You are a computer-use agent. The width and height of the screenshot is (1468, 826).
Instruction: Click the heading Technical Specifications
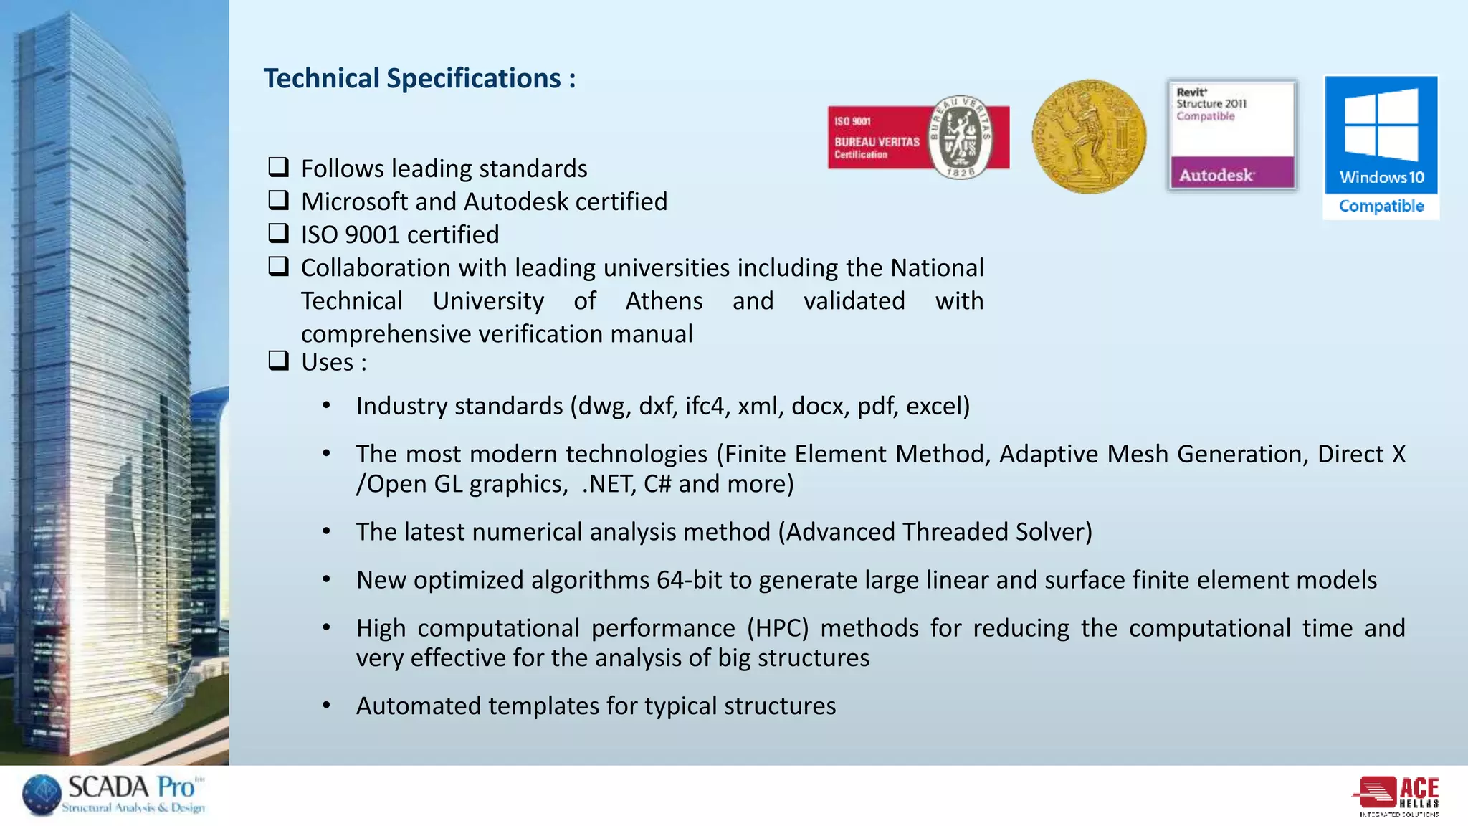pyautogui.click(x=419, y=78)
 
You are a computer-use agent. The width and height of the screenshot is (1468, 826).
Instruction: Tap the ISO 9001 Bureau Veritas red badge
pyautogui.click(x=917, y=138)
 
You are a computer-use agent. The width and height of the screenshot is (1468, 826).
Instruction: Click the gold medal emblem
pyautogui.click(x=1089, y=136)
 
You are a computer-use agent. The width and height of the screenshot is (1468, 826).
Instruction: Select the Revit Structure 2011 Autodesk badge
pyautogui.click(x=1231, y=135)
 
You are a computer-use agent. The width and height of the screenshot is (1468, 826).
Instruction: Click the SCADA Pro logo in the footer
pyautogui.click(x=115, y=794)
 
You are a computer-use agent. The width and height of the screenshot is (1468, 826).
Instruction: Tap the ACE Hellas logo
pyautogui.click(x=1397, y=795)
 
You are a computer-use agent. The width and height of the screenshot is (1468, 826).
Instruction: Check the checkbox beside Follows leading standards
pyautogui.click(x=278, y=167)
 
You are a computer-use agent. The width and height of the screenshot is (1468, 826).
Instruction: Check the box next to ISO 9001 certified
pyautogui.click(x=278, y=233)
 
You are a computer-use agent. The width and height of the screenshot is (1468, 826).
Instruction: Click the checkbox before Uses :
pyautogui.click(x=278, y=360)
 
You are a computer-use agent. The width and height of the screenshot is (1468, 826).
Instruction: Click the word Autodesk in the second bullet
pyautogui.click(x=515, y=201)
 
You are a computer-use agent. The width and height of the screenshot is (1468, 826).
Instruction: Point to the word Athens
pyautogui.click(x=664, y=300)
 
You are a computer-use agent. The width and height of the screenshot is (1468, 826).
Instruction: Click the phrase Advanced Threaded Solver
pyautogui.click(x=935, y=532)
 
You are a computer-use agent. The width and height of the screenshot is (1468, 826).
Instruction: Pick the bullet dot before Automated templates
pyautogui.click(x=326, y=706)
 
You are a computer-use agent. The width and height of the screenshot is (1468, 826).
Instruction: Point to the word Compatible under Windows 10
pyautogui.click(x=1381, y=206)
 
